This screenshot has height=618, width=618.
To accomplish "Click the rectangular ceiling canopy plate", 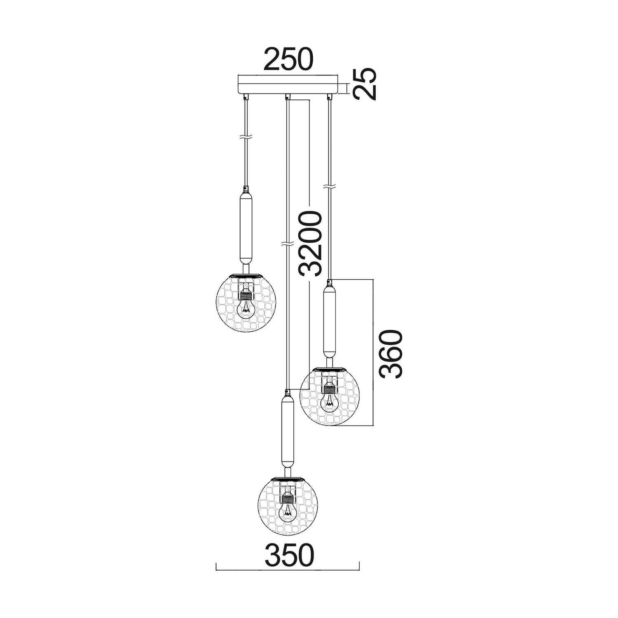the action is click(x=288, y=84).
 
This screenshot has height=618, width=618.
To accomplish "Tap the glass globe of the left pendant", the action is click(x=246, y=303).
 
